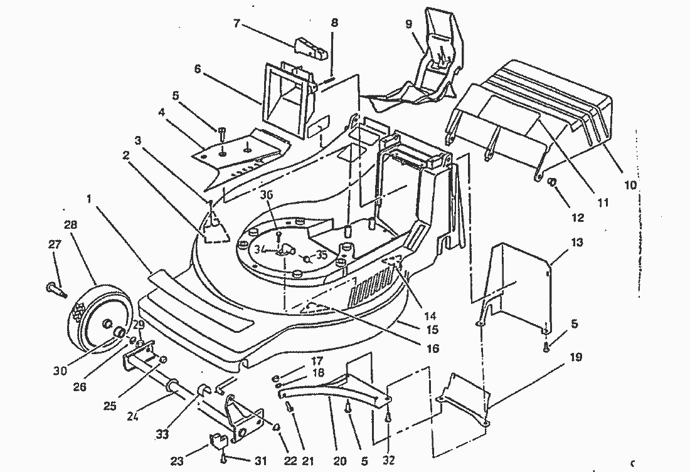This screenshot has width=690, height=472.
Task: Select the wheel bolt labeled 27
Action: click(x=55, y=290)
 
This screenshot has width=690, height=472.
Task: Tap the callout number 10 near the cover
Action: click(x=630, y=186)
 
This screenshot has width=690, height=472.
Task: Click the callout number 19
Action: click(x=576, y=358)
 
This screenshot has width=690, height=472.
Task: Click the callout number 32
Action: click(x=389, y=461)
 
